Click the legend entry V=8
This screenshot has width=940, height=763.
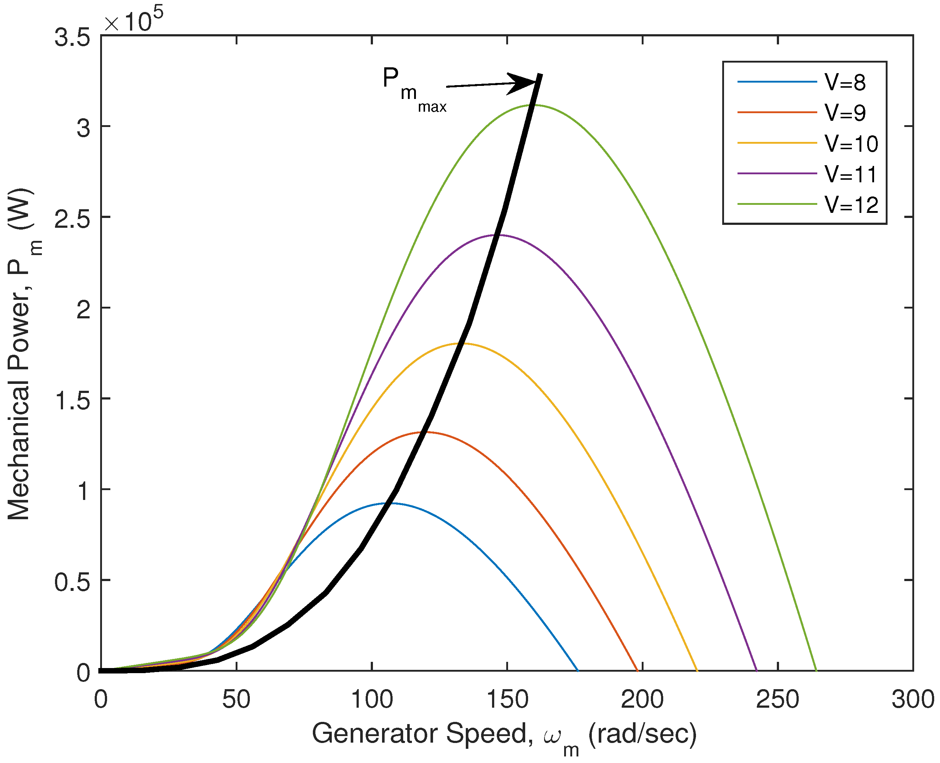coord(845,82)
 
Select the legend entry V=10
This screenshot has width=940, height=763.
coord(851,144)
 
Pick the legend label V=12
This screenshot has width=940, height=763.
coord(851,205)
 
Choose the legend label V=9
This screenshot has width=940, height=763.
coord(845,113)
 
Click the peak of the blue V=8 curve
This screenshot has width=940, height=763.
coord(391,503)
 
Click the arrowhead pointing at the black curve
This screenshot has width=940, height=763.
coord(523,83)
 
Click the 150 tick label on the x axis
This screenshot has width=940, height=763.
coord(507,699)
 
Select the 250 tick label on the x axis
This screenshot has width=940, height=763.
coord(778,699)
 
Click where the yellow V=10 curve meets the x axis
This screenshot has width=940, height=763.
coord(697,671)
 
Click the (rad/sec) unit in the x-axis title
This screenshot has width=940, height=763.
coord(642,733)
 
